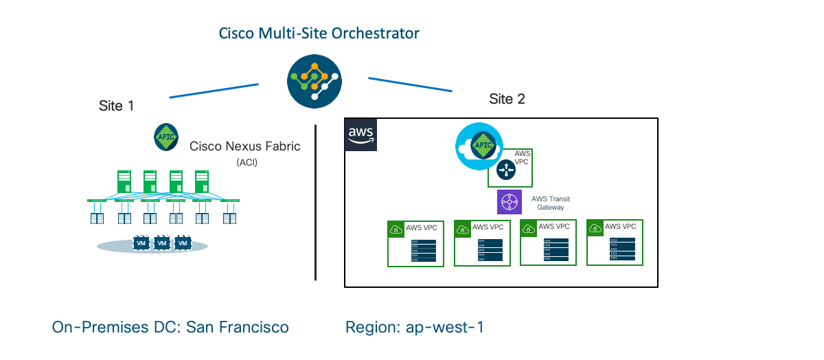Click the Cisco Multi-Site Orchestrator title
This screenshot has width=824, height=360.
[319, 33]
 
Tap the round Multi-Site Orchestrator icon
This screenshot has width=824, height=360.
[314, 80]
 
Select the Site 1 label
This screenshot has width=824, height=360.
[117, 106]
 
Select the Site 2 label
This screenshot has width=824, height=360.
[507, 99]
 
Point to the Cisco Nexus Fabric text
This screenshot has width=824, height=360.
[244, 146]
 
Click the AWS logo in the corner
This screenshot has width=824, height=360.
[361, 134]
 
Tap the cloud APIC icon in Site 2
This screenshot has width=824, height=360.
[479, 147]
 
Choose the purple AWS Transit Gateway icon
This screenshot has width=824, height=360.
[510, 202]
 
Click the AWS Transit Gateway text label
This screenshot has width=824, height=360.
[551, 203]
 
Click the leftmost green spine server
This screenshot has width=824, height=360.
[124, 182]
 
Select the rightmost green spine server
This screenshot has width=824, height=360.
[201, 182]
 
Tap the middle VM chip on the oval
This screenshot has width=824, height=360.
[162, 243]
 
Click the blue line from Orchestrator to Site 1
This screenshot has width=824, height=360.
[213, 91]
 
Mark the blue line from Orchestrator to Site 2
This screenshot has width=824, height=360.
[411, 85]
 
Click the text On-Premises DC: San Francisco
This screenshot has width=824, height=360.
[170, 327]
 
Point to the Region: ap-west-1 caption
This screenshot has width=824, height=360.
[415, 327]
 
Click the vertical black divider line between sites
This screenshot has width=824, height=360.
[315, 203]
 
